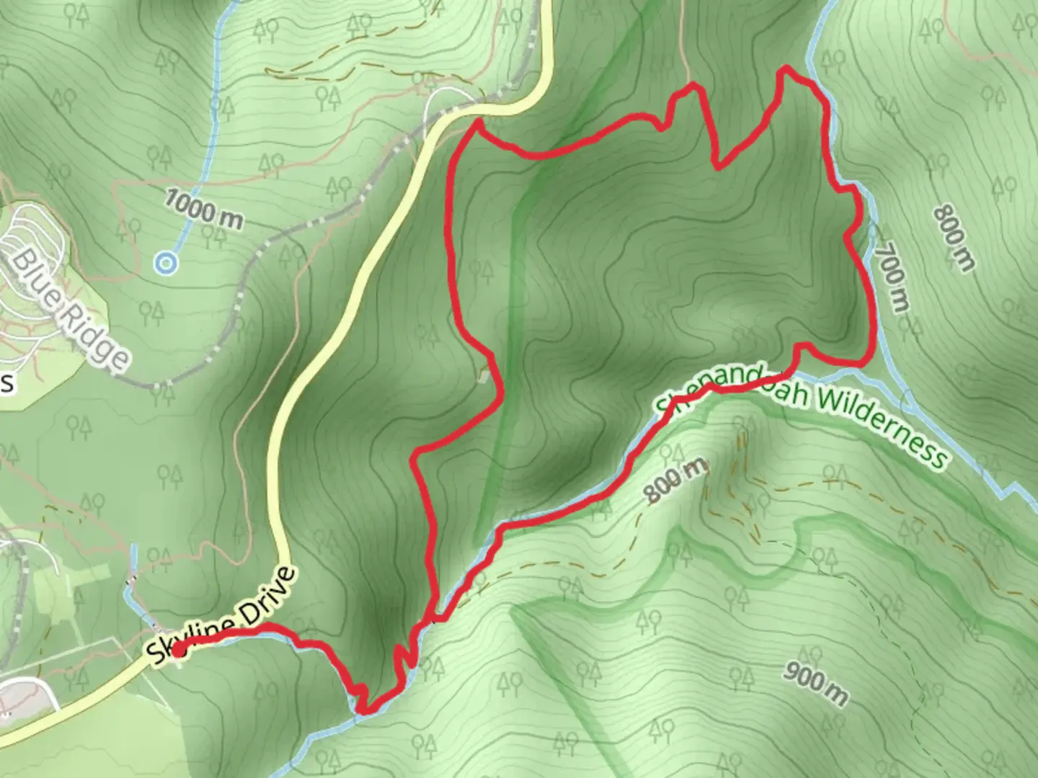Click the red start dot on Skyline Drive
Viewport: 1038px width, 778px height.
[x=177, y=650]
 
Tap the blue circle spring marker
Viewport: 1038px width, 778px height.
[x=167, y=264]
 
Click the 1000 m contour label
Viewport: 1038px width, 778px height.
[x=203, y=209]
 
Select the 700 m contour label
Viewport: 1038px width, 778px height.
[x=892, y=276]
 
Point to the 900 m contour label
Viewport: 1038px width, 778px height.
[x=815, y=684]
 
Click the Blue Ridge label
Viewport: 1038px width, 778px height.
[x=71, y=309]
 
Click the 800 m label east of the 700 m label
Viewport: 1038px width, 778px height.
[x=953, y=238]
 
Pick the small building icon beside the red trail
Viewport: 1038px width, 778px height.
[x=485, y=375]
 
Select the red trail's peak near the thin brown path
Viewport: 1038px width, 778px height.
[x=693, y=86]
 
